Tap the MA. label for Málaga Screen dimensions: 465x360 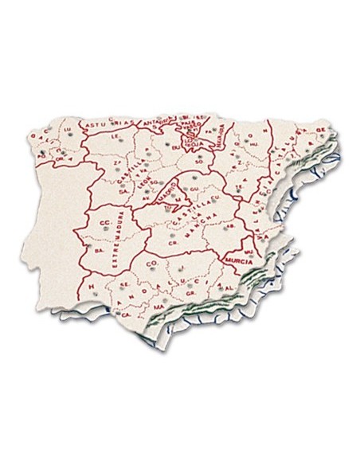point(158,306)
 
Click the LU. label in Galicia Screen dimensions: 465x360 point(68,128)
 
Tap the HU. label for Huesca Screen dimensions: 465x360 point(253,146)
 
